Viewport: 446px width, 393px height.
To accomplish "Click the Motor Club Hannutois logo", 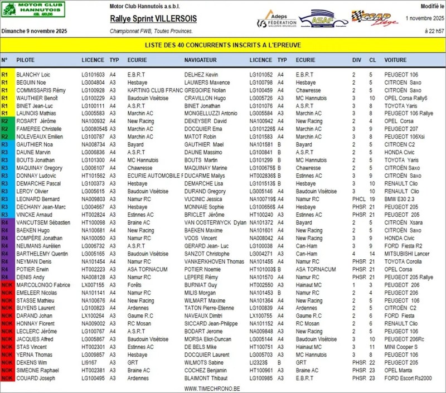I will [x=33, y=9].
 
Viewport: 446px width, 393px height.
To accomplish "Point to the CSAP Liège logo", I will [x=375, y=18].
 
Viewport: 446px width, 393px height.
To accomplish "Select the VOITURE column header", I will [x=395, y=60].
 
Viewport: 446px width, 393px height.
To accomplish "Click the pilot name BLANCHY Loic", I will [x=33, y=74].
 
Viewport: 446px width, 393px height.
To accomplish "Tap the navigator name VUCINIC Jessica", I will [x=204, y=199].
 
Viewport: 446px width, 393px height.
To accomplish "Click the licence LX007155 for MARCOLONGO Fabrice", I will [x=93, y=285].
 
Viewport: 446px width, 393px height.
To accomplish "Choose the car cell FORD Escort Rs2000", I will [x=408, y=379].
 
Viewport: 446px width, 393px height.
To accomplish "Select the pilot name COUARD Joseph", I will [x=36, y=379].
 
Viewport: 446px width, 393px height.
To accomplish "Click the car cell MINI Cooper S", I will [x=403, y=347].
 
